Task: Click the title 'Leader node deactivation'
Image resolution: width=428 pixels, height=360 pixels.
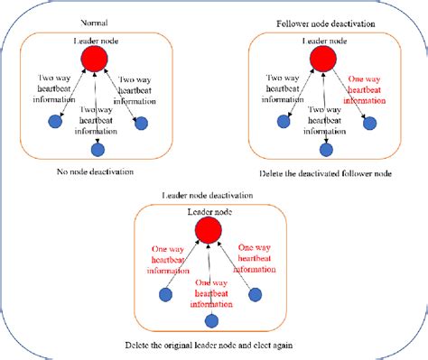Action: pos(207,195)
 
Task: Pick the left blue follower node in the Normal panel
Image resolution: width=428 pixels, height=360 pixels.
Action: pos(55,123)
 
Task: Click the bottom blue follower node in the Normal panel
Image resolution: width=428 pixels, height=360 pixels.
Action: pos(98,148)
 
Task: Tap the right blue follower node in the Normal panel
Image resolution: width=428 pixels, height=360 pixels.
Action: pos(140,123)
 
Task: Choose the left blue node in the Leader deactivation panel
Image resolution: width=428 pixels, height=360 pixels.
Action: pos(165,294)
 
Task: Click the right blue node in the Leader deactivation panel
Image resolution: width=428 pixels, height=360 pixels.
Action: pos(256,294)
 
